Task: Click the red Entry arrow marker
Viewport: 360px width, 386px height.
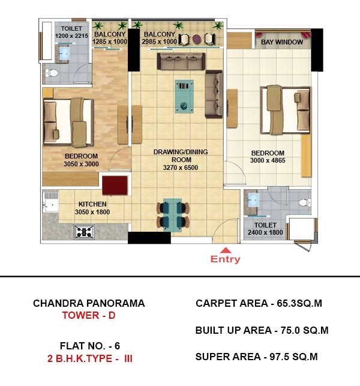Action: click(x=226, y=250)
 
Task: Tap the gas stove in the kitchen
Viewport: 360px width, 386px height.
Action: click(x=84, y=232)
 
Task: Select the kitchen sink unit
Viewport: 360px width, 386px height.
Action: click(x=51, y=202)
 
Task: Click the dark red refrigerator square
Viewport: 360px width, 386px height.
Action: click(x=115, y=185)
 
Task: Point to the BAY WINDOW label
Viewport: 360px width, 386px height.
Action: click(x=282, y=42)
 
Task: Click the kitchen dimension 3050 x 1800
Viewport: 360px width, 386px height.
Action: click(x=92, y=212)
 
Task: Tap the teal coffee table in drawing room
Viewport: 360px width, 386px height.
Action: click(x=184, y=96)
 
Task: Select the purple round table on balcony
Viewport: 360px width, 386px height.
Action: click(x=196, y=39)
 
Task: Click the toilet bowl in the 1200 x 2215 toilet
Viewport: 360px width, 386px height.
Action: click(x=52, y=73)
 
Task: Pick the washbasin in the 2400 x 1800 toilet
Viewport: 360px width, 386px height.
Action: click(x=253, y=200)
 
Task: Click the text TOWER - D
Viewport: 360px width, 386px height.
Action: click(x=89, y=315)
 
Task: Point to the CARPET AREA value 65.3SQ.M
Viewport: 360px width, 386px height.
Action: click(x=299, y=303)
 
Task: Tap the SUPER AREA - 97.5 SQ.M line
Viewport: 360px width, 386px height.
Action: click(x=256, y=357)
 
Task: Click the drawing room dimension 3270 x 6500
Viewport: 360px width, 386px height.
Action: click(x=181, y=167)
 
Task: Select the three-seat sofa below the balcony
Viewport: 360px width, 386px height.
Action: click(x=181, y=61)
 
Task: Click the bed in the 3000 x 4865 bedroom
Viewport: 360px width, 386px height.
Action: click(x=286, y=110)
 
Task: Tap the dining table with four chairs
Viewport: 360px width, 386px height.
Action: click(x=173, y=215)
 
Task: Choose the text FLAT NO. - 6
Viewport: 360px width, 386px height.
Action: click(x=90, y=346)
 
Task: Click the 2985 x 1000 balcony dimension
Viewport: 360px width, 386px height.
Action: click(x=159, y=41)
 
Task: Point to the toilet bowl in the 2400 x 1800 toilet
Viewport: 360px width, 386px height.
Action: click(x=305, y=202)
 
